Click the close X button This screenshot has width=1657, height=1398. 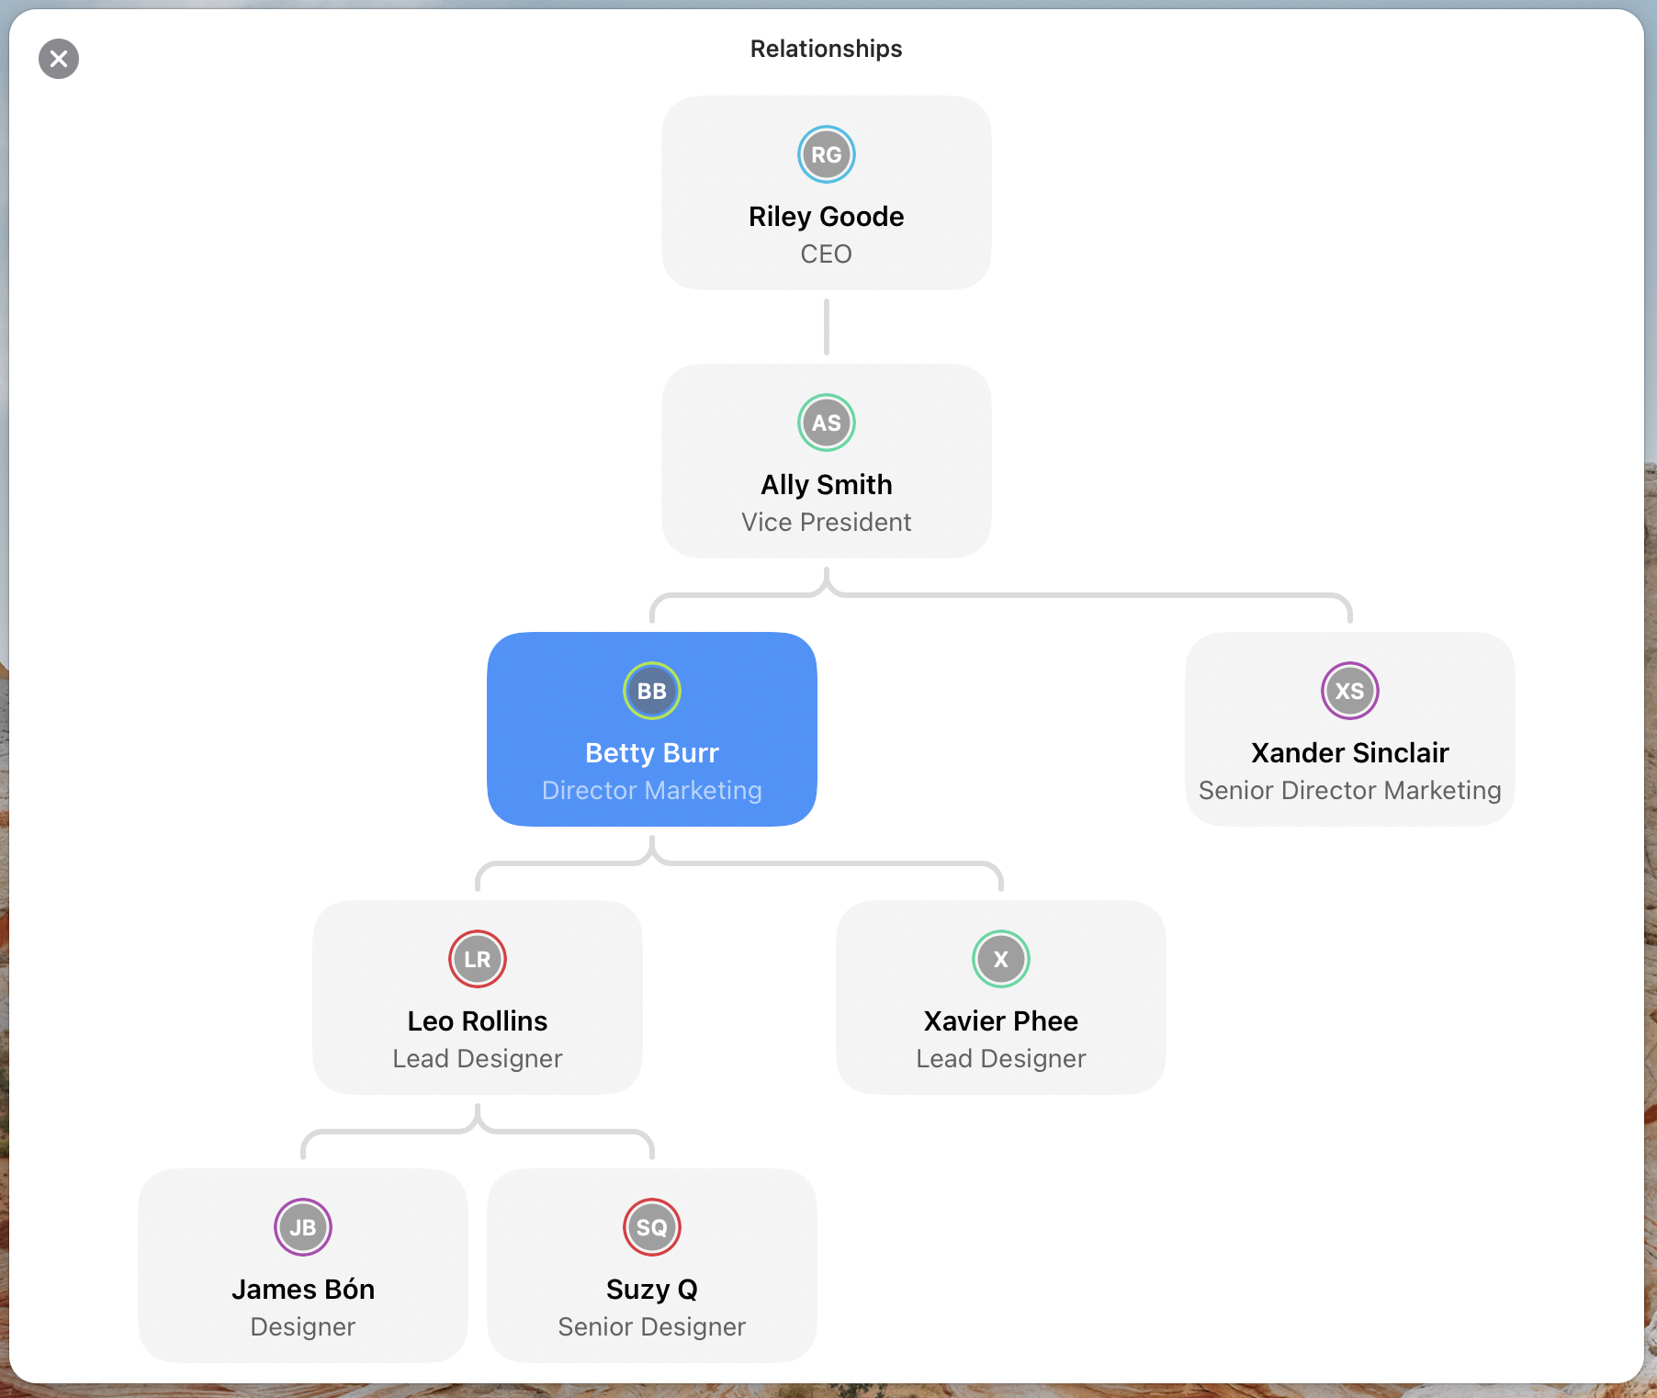coord(59,59)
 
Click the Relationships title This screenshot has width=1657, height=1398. coord(827,49)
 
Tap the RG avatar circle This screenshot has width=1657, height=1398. coord(827,154)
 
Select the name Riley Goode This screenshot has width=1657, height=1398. coord(827,217)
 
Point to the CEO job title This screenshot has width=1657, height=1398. coord(827,254)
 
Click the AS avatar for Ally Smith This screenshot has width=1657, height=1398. coord(827,423)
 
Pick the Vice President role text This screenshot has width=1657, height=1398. coord(827,523)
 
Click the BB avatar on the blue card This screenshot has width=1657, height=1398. coord(652,691)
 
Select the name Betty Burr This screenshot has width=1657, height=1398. coord(652,753)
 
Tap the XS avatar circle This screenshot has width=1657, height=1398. coord(1350,691)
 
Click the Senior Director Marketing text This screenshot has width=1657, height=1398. coord(1350,791)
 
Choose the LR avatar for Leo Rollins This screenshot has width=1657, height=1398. coord(478,959)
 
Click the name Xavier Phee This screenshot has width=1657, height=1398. coord(1001,1021)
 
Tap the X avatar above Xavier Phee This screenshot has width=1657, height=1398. coord(1001,959)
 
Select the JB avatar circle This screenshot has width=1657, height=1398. coord(303,1227)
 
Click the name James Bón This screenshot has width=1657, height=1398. coord(303,1290)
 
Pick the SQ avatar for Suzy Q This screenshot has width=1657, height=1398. coord(652,1227)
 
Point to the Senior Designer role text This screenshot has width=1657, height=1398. coord(652,1327)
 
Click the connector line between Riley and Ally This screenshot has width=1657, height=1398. coord(827,327)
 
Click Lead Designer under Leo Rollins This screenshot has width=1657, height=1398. coord(478,1059)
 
